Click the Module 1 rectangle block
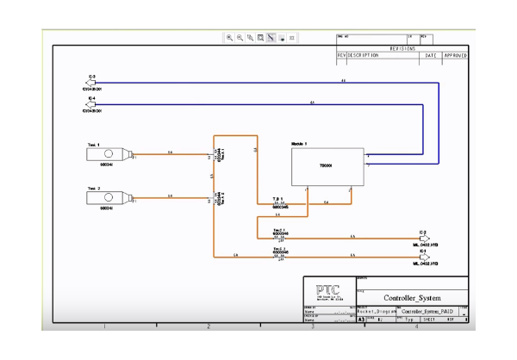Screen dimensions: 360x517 click(327, 166)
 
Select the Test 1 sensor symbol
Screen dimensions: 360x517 click(109, 155)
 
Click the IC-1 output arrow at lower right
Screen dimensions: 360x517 click(422, 257)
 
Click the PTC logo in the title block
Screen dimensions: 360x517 click(327, 289)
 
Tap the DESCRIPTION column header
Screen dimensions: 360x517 click(363, 56)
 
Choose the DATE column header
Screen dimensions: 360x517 click(431, 56)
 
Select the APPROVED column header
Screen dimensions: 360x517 click(455, 56)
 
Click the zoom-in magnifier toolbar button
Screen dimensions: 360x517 click(229, 38)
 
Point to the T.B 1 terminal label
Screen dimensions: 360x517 click(278, 199)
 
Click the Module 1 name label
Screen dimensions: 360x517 click(299, 143)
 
